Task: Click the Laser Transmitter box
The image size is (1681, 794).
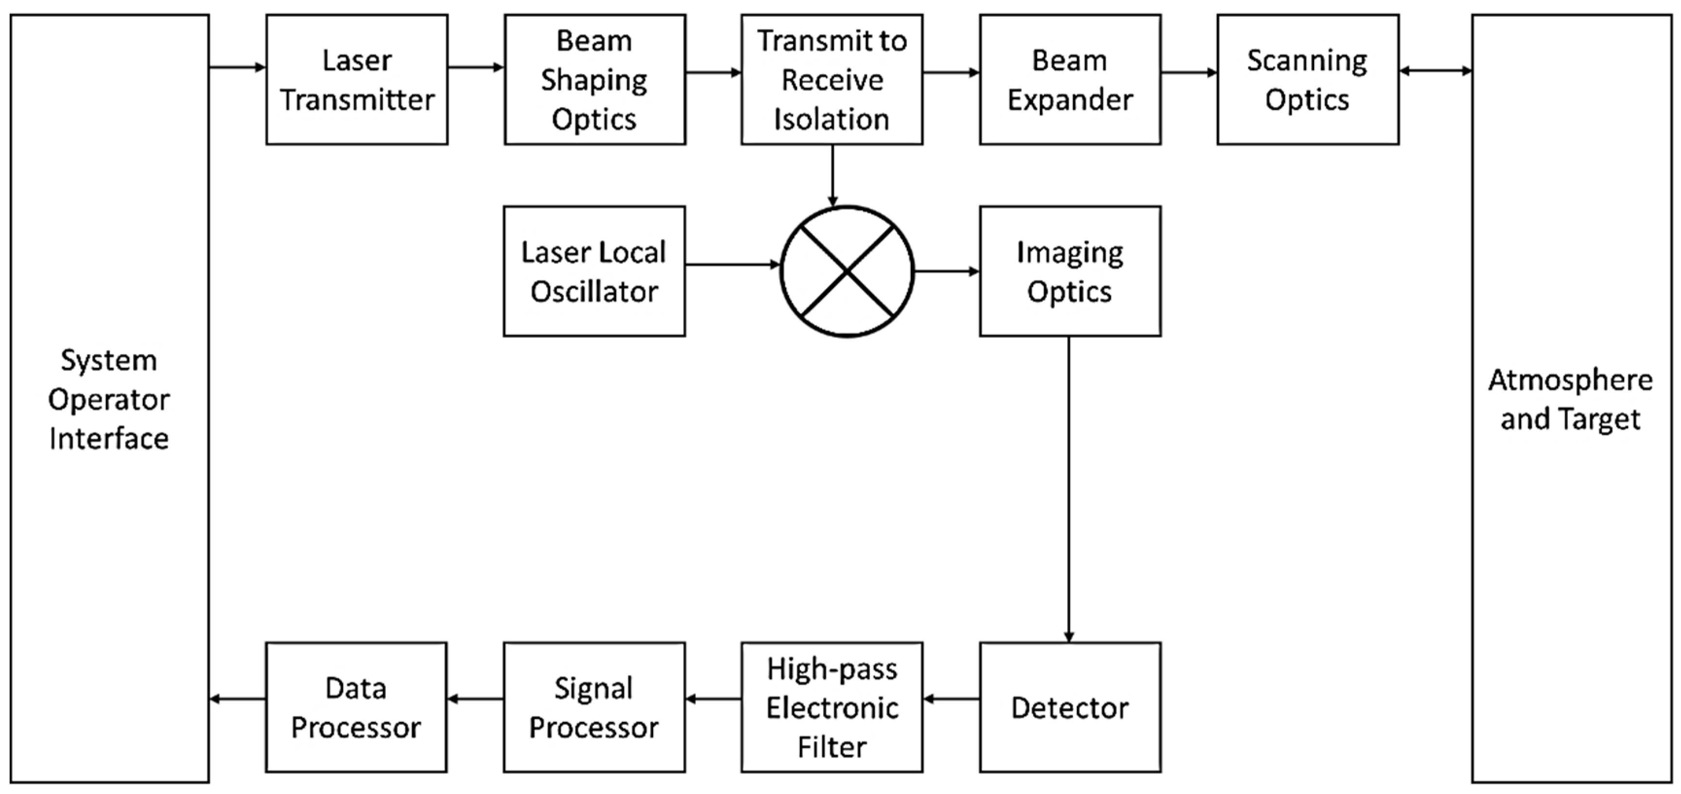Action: [357, 80]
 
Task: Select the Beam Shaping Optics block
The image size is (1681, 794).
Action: [594, 80]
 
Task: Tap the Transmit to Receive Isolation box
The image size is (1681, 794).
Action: [832, 80]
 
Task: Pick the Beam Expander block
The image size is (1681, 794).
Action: [1070, 80]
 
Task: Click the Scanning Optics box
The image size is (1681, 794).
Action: [1308, 80]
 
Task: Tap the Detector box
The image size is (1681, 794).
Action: [1070, 707]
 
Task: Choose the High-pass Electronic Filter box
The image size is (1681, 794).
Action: [832, 707]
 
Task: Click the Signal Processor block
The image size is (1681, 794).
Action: [594, 707]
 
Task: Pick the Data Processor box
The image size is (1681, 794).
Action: [356, 707]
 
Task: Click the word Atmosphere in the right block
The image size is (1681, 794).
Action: [1570, 380]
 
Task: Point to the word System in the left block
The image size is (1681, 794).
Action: [109, 360]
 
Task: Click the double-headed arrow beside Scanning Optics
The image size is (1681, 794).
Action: [1435, 71]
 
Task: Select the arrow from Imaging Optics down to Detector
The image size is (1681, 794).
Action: [1069, 490]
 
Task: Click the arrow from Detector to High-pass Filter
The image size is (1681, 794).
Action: [952, 699]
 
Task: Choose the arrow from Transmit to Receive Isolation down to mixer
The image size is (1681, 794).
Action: [832, 175]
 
